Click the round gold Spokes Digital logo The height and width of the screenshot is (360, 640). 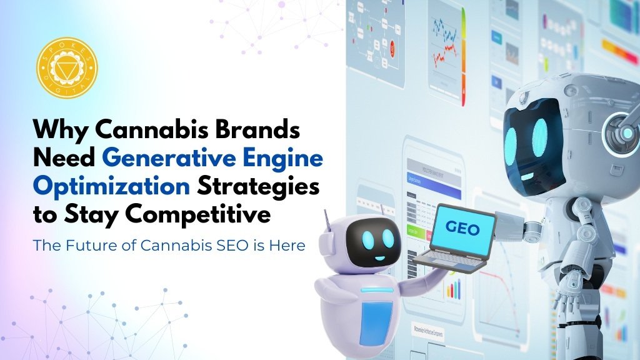pyautogui.click(x=67, y=67)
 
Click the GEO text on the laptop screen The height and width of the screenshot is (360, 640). pyautogui.click(x=462, y=229)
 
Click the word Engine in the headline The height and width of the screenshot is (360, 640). pyautogui.click(x=294, y=159)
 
